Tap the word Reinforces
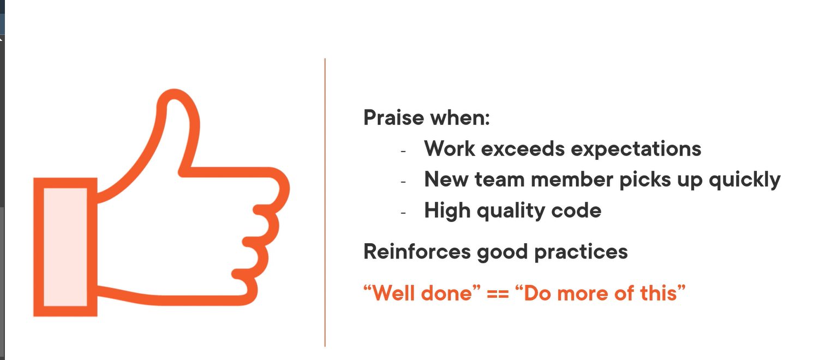417,251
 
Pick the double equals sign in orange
501,293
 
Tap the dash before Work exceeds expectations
403,150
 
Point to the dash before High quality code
403,212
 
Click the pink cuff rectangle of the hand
65,247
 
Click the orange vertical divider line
325,202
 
